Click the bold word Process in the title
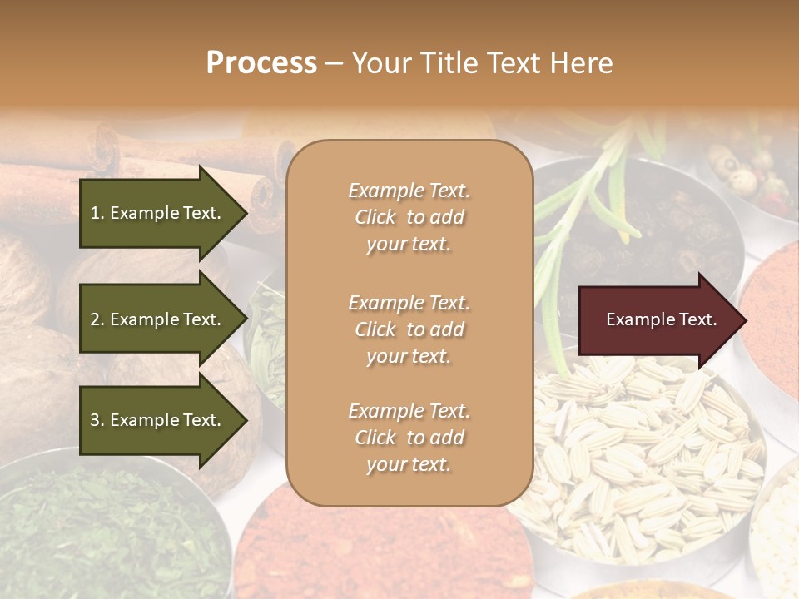click(x=261, y=62)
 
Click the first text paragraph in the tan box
click(x=409, y=217)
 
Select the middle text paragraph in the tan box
click(x=409, y=329)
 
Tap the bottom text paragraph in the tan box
click(x=409, y=438)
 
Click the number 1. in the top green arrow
click(x=97, y=213)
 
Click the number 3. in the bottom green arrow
click(x=97, y=420)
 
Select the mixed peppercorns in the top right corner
click(x=753, y=171)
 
